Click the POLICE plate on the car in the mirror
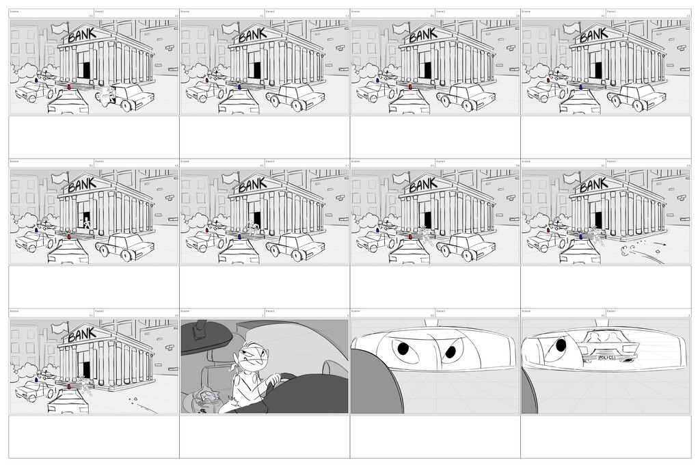click(606, 358)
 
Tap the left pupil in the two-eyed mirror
click(403, 349)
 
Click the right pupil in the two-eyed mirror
click(450, 352)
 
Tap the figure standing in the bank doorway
click(86, 222)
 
